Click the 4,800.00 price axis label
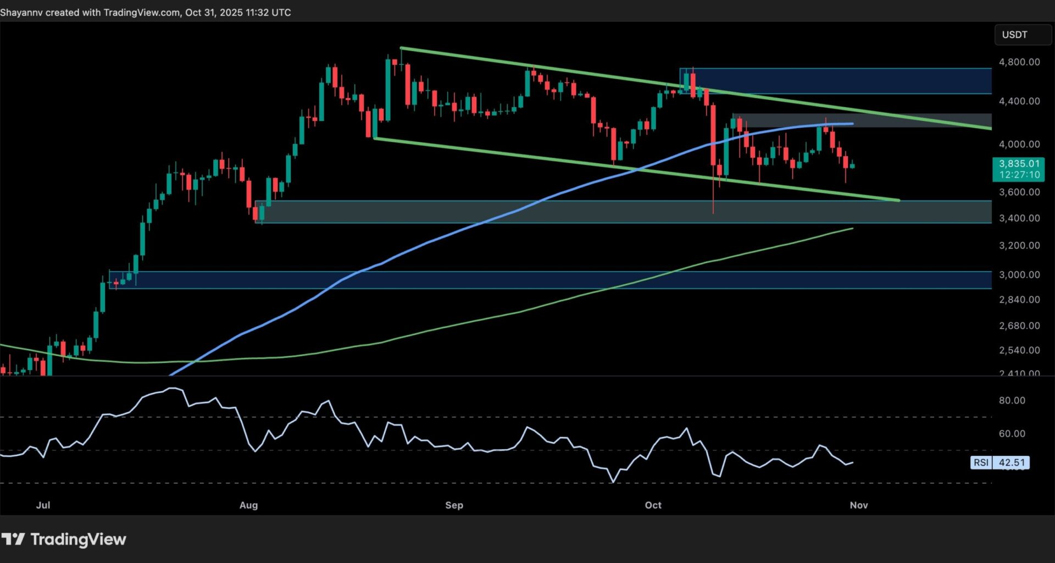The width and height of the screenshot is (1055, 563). [x=1019, y=62]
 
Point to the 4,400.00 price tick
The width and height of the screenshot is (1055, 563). [x=1019, y=101]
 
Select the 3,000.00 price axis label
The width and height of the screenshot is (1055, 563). [x=1019, y=275]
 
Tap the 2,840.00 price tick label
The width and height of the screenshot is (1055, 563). [x=1019, y=300]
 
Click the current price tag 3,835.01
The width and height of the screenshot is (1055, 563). [x=1019, y=164]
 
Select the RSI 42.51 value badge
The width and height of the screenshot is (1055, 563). [x=1000, y=462]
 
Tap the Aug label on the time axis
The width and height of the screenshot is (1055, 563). [x=248, y=505]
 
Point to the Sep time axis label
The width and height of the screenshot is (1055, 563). [x=454, y=505]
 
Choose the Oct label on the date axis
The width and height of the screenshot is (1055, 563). [x=653, y=505]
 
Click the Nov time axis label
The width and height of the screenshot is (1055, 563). [x=858, y=505]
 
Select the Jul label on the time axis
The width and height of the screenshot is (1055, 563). [x=43, y=505]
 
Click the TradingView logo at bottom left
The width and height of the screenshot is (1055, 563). [x=64, y=539]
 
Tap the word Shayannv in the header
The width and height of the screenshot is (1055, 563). [x=21, y=12]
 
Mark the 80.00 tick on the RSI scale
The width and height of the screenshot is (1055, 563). [x=1012, y=401]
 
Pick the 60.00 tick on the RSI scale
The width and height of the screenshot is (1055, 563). [x=1012, y=434]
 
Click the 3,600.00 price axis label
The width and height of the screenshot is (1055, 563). [x=1019, y=192]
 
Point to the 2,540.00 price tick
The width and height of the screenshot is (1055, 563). [x=1019, y=350]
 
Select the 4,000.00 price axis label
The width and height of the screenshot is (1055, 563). [x=1019, y=144]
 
